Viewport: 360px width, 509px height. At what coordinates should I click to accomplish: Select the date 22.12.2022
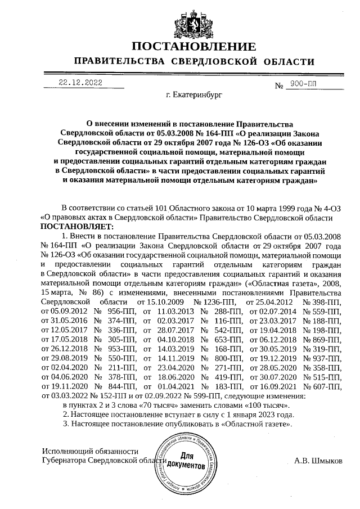click(x=80, y=82)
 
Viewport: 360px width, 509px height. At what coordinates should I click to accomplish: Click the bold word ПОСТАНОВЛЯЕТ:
click(x=77, y=226)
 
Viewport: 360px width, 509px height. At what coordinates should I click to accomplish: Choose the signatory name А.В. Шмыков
click(x=318, y=461)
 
